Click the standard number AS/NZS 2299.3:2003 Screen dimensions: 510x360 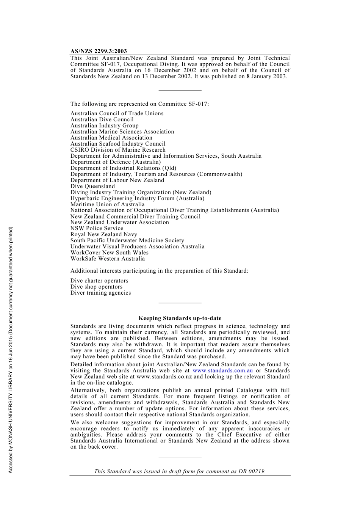(x=99, y=51)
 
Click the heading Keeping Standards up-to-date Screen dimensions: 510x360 (x=180, y=318)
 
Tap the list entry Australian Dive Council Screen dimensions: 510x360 (x=102, y=119)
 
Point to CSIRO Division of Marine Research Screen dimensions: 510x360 (x=118, y=150)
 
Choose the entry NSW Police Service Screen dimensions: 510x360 (x=97, y=228)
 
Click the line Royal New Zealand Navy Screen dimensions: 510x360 (x=104, y=234)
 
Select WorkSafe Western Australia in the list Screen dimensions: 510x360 (x=108, y=259)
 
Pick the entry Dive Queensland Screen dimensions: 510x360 (x=92, y=186)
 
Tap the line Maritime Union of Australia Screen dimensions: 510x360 (x=107, y=204)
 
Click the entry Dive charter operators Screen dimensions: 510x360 (x=99, y=281)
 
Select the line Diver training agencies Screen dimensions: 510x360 (x=100, y=293)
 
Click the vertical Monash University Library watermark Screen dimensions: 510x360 (x=11, y=350)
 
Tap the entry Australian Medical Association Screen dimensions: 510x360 (x=111, y=138)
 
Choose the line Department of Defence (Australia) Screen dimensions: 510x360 (x=116, y=162)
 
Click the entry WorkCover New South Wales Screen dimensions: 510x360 (x=110, y=253)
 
